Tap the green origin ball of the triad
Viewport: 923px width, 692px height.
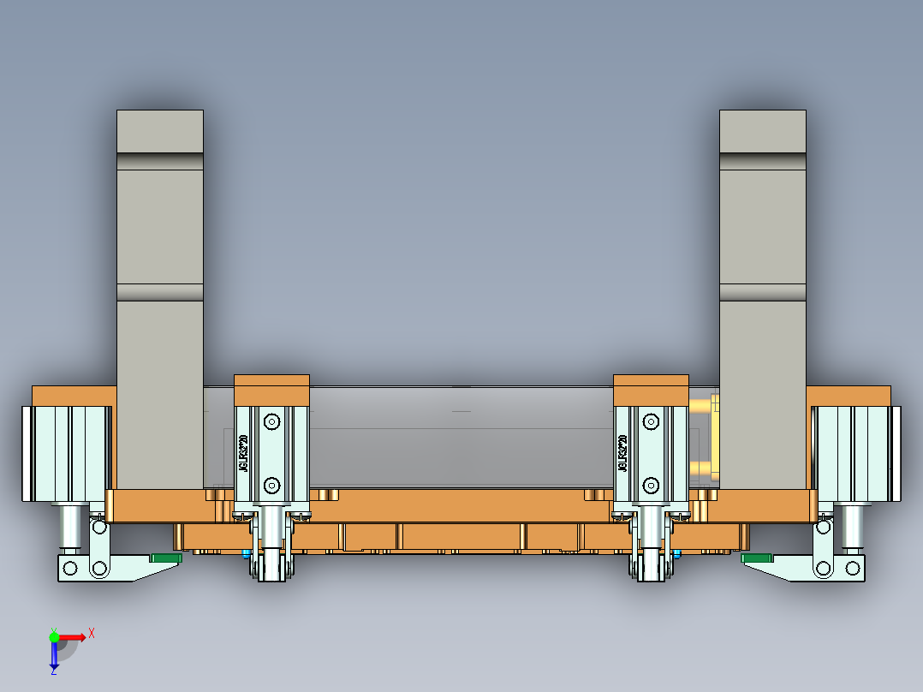coord(54,636)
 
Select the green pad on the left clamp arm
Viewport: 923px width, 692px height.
coord(166,558)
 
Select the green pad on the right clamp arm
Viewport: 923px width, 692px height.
coord(758,558)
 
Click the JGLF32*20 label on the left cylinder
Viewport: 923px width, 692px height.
coord(243,454)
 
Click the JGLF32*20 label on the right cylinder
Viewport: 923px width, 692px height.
coord(622,454)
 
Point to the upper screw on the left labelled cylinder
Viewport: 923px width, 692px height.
coord(271,421)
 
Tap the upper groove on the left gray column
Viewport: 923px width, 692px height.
coord(160,162)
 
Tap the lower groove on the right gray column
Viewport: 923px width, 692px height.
coord(762,292)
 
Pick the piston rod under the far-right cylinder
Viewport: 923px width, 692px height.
coord(852,528)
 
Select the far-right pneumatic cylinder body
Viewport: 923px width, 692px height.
coord(856,454)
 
